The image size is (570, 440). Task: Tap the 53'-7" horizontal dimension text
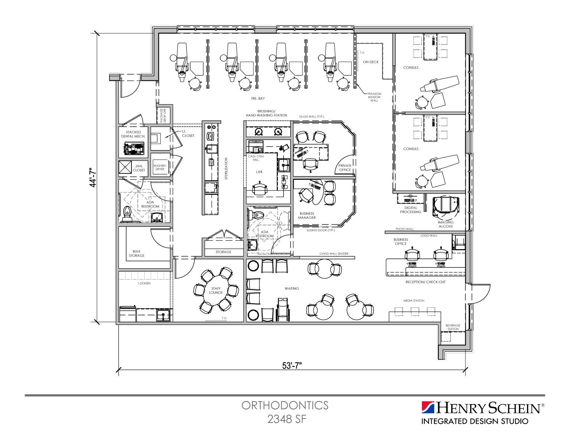pos(292,366)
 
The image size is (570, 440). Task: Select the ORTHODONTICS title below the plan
pos(285,405)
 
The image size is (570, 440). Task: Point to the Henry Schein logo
pos(482,412)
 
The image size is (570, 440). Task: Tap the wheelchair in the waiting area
pos(283,310)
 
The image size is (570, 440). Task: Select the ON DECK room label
pos(371,62)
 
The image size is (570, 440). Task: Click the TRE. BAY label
pos(258,99)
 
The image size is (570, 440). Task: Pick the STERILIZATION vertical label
pos(226,169)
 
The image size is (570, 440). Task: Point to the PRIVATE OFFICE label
pos(345,168)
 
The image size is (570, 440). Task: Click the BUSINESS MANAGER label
pos(307,215)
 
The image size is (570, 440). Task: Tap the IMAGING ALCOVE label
pos(445,224)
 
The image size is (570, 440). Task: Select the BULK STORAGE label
pos(137,254)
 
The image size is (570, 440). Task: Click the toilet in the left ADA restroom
pos(127,213)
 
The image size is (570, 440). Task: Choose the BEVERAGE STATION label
pos(453,327)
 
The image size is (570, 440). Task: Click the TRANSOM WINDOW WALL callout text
pos(374,97)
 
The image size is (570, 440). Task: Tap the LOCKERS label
pos(144,283)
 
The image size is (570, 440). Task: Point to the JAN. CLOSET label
pos(139,168)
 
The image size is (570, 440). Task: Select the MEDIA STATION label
pos(414,301)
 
